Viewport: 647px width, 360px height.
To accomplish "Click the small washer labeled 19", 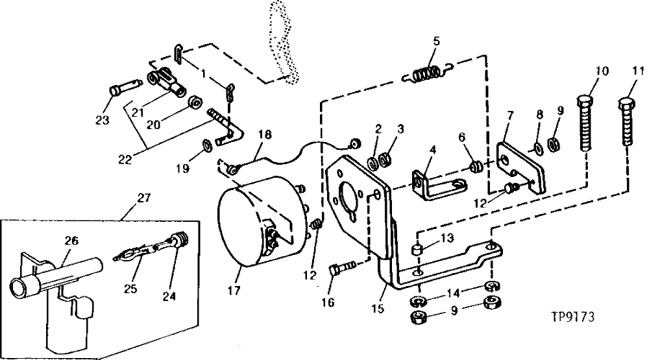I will pyautogui.click(x=206, y=144).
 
